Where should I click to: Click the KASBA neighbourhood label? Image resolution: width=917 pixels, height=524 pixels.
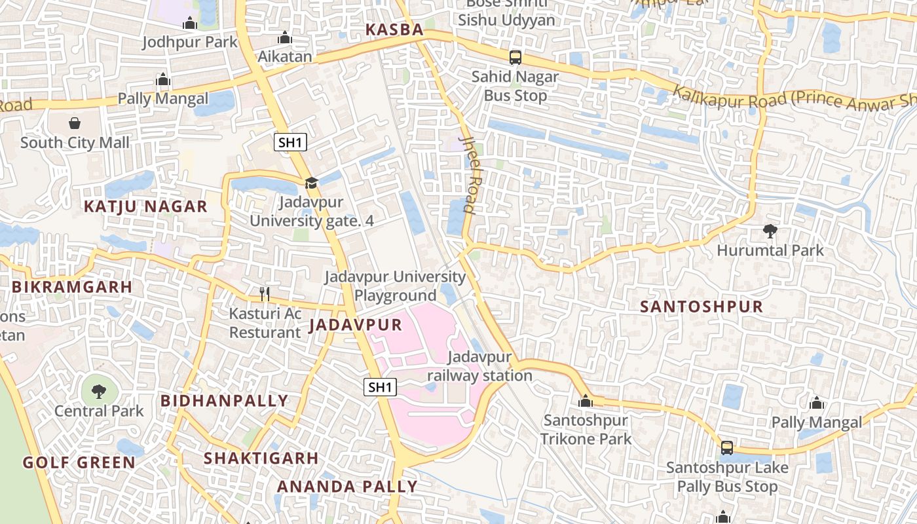394,29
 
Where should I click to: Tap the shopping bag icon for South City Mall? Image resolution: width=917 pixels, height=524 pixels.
75,123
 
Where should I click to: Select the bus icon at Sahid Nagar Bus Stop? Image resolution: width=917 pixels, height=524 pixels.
515,58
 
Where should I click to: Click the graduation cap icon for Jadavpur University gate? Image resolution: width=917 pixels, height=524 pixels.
311,183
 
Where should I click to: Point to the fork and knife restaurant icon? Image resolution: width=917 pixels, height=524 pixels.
265,293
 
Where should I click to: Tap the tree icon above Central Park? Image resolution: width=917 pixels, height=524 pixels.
98,392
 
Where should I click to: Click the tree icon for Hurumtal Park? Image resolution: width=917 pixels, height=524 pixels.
770,231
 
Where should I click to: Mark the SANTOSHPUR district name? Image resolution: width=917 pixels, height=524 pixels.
702,307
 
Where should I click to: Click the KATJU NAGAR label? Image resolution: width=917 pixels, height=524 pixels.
145,207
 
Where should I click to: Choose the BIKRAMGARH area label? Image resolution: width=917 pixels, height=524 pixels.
72,287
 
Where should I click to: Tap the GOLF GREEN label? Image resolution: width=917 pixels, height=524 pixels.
79,462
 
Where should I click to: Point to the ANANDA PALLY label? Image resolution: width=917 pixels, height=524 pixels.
347,487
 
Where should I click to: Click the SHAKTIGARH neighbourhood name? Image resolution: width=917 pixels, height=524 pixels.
261,458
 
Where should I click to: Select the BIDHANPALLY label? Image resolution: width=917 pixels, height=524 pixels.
224,401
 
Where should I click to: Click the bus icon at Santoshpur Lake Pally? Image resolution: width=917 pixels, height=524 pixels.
727,448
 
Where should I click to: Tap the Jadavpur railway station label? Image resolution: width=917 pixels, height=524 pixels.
479,367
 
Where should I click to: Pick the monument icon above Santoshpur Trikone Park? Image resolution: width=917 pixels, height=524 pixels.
586,401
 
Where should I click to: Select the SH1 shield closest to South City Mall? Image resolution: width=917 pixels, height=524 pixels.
290,142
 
